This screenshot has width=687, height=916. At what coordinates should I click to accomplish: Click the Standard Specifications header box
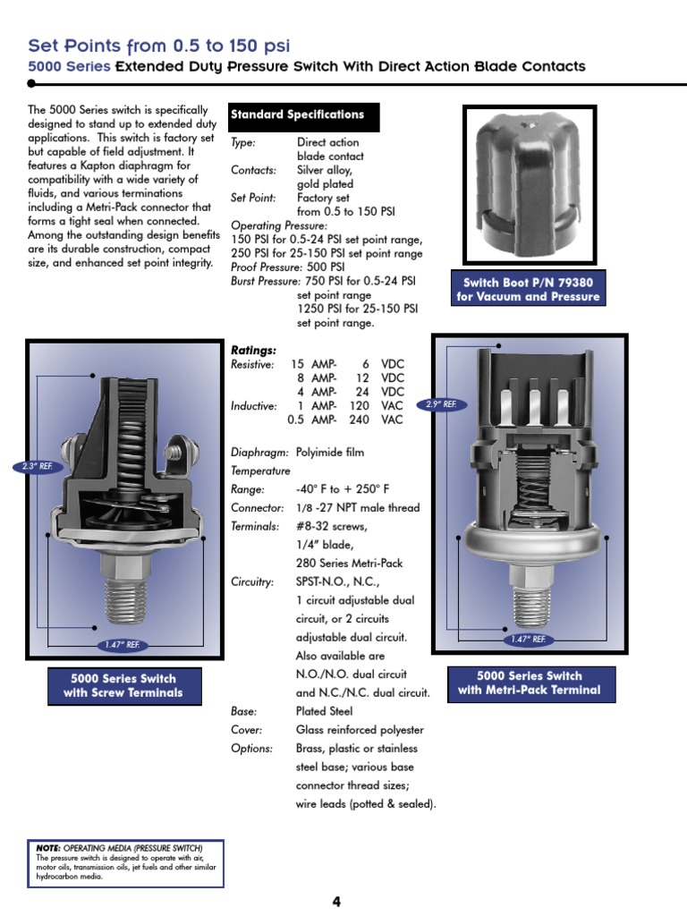[x=304, y=115]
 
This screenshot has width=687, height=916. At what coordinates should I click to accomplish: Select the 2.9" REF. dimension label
[x=440, y=405]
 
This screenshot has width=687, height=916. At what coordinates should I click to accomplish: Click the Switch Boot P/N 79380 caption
[x=528, y=290]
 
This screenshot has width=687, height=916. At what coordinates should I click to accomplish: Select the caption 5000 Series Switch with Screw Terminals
[x=123, y=685]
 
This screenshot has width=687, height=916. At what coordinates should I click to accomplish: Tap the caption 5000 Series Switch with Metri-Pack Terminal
[x=529, y=683]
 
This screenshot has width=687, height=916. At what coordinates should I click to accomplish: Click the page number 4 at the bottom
[x=336, y=902]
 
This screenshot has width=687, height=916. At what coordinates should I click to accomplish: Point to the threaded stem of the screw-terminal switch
[x=123, y=601]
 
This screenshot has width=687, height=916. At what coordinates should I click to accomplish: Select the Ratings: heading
[x=254, y=350]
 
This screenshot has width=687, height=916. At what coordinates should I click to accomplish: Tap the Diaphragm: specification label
[x=259, y=453]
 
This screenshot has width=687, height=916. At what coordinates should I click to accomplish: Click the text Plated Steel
[x=324, y=711]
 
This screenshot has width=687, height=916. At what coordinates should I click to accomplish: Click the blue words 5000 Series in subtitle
[x=70, y=66]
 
